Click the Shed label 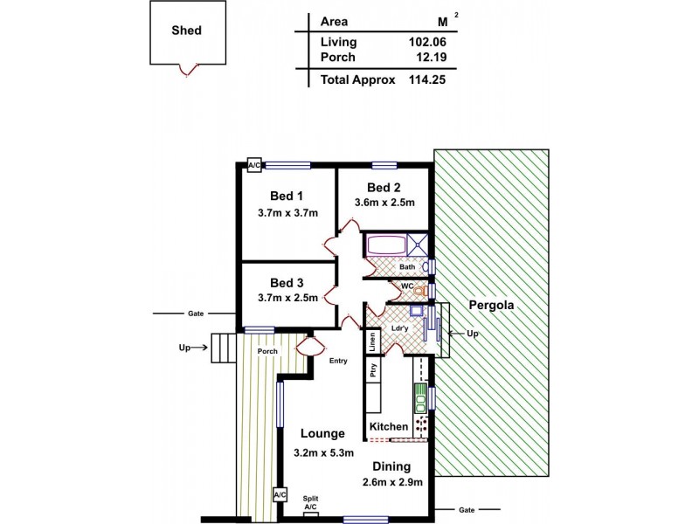tap(187, 30)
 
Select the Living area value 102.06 tap(426, 42)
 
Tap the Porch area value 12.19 tap(430, 57)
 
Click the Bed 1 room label tap(287, 196)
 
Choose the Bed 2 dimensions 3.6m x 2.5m tap(384, 203)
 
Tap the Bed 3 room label tap(287, 282)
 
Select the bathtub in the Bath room tap(385, 244)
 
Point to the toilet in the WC tap(420, 289)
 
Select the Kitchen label tap(389, 426)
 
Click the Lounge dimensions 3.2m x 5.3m tap(322, 452)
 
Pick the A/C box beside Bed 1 tap(254, 164)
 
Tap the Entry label tap(340, 362)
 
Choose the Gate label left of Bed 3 tap(195, 313)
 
